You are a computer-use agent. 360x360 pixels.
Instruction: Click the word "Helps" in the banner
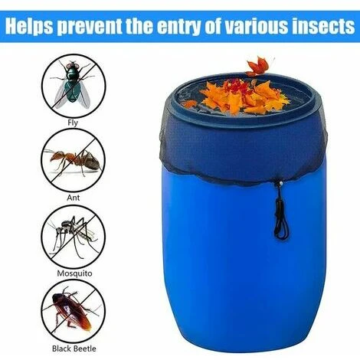pyautogui.click(x=29, y=26)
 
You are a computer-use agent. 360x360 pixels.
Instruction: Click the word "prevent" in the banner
pyautogui.click(x=89, y=27)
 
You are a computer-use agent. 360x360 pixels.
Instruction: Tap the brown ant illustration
pyautogui.click(x=74, y=161)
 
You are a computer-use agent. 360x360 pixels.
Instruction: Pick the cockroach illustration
pyautogui.click(x=73, y=309)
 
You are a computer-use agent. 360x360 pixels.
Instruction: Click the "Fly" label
pyautogui.click(x=73, y=123)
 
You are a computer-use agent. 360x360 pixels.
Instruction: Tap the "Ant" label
pyautogui.click(x=73, y=198)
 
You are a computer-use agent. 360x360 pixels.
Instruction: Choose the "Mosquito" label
pyautogui.click(x=74, y=273)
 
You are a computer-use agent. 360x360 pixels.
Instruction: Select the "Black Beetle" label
pyautogui.click(x=74, y=349)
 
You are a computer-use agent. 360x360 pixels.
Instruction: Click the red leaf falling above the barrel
pyautogui.click(x=258, y=67)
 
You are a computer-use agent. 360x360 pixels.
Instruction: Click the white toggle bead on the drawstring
pyautogui.click(x=281, y=183)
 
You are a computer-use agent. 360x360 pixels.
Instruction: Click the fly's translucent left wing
pyautogui.click(x=61, y=94)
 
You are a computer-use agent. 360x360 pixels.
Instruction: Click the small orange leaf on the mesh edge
pyautogui.click(x=189, y=103)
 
